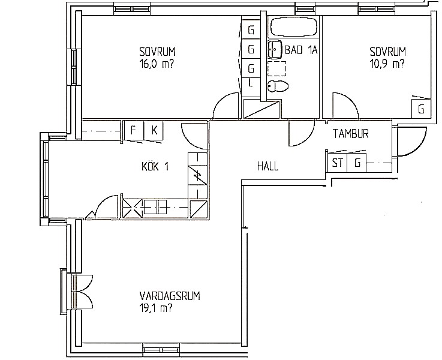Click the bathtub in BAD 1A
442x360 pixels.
(293, 27)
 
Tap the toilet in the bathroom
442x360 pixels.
(278, 86)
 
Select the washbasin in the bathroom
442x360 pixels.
(274, 49)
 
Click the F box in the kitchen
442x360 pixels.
(134, 130)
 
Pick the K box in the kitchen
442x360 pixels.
(154, 130)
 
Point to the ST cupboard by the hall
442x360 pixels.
(338, 163)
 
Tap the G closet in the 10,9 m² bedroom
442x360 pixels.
(421, 109)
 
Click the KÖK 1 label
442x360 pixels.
(155, 167)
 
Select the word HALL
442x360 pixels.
(268, 166)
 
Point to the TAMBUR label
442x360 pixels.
(351, 134)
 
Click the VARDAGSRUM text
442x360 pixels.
(170, 296)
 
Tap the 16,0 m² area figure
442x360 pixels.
(157, 65)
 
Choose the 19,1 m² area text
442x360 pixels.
(156, 308)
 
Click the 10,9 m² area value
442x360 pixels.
(387, 65)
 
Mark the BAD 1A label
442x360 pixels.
(301, 50)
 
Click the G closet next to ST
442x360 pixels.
(357, 163)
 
